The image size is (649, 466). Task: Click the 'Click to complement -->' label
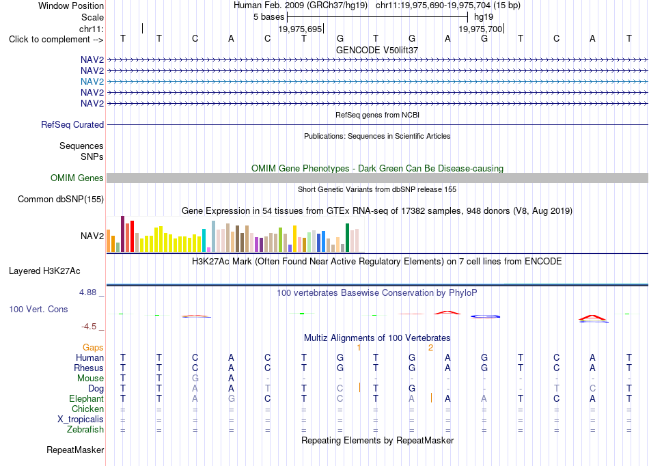pos(56,40)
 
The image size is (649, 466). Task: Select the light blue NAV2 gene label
pos(92,81)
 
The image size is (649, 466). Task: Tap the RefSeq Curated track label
pos(72,124)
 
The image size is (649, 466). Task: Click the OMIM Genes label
pos(77,178)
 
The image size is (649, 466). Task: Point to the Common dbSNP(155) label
pos(61,199)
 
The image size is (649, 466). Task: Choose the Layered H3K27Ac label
pos(44,271)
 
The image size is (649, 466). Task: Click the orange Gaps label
pos(93,347)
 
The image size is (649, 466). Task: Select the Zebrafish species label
pos(85,429)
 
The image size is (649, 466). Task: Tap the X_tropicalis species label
pos(81,419)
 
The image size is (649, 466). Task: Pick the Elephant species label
pos(86,398)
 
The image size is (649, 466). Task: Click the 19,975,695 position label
pos(300,29)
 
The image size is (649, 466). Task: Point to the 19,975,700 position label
pos(480,29)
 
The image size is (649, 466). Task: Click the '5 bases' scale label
pos(269,17)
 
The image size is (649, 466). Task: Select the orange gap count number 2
pos(430,348)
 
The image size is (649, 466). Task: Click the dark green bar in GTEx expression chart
pos(347,238)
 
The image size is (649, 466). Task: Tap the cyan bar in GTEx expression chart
pos(204,241)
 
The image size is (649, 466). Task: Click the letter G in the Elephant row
pos(231,398)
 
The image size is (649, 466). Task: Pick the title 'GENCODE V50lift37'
pos(377,50)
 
